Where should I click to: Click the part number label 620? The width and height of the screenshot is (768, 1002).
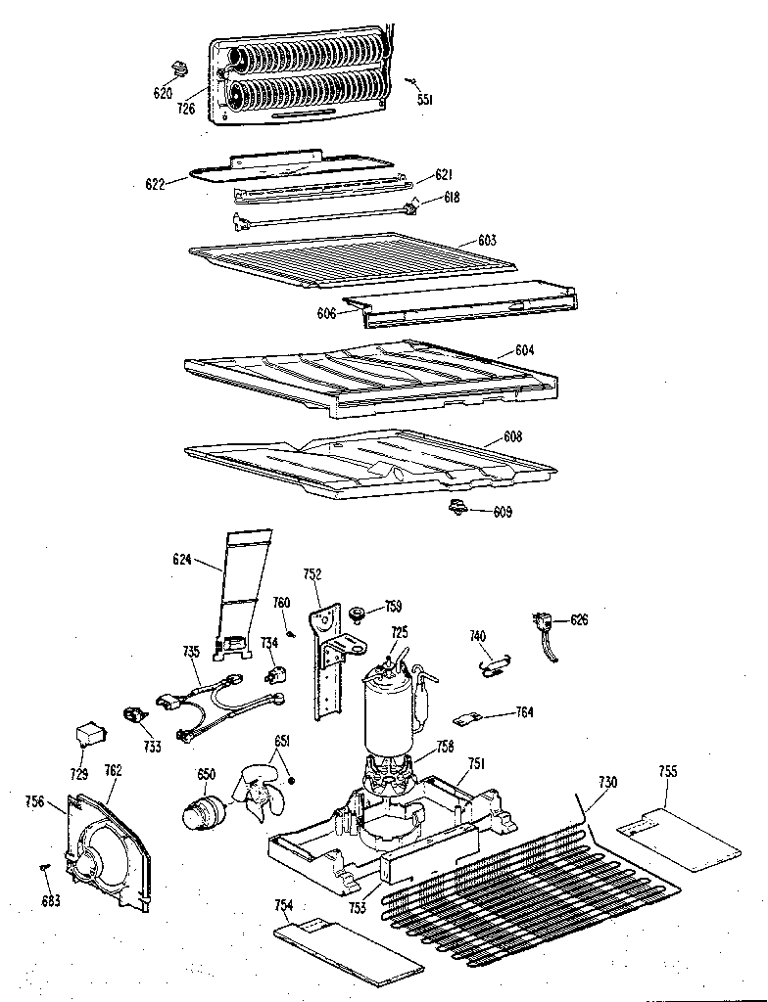(x=163, y=93)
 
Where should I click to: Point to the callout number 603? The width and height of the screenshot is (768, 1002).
(x=487, y=240)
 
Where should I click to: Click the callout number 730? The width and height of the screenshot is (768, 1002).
(x=608, y=781)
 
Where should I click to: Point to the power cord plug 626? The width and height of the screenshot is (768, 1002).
(x=544, y=627)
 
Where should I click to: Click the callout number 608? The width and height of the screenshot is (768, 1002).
(x=512, y=436)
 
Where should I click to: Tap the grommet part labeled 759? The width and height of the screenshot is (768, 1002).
(x=357, y=615)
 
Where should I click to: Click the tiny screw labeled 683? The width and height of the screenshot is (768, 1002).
(x=45, y=866)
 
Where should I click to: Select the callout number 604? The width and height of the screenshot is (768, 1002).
(x=525, y=350)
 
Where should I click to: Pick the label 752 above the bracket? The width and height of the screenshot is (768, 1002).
(x=311, y=574)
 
